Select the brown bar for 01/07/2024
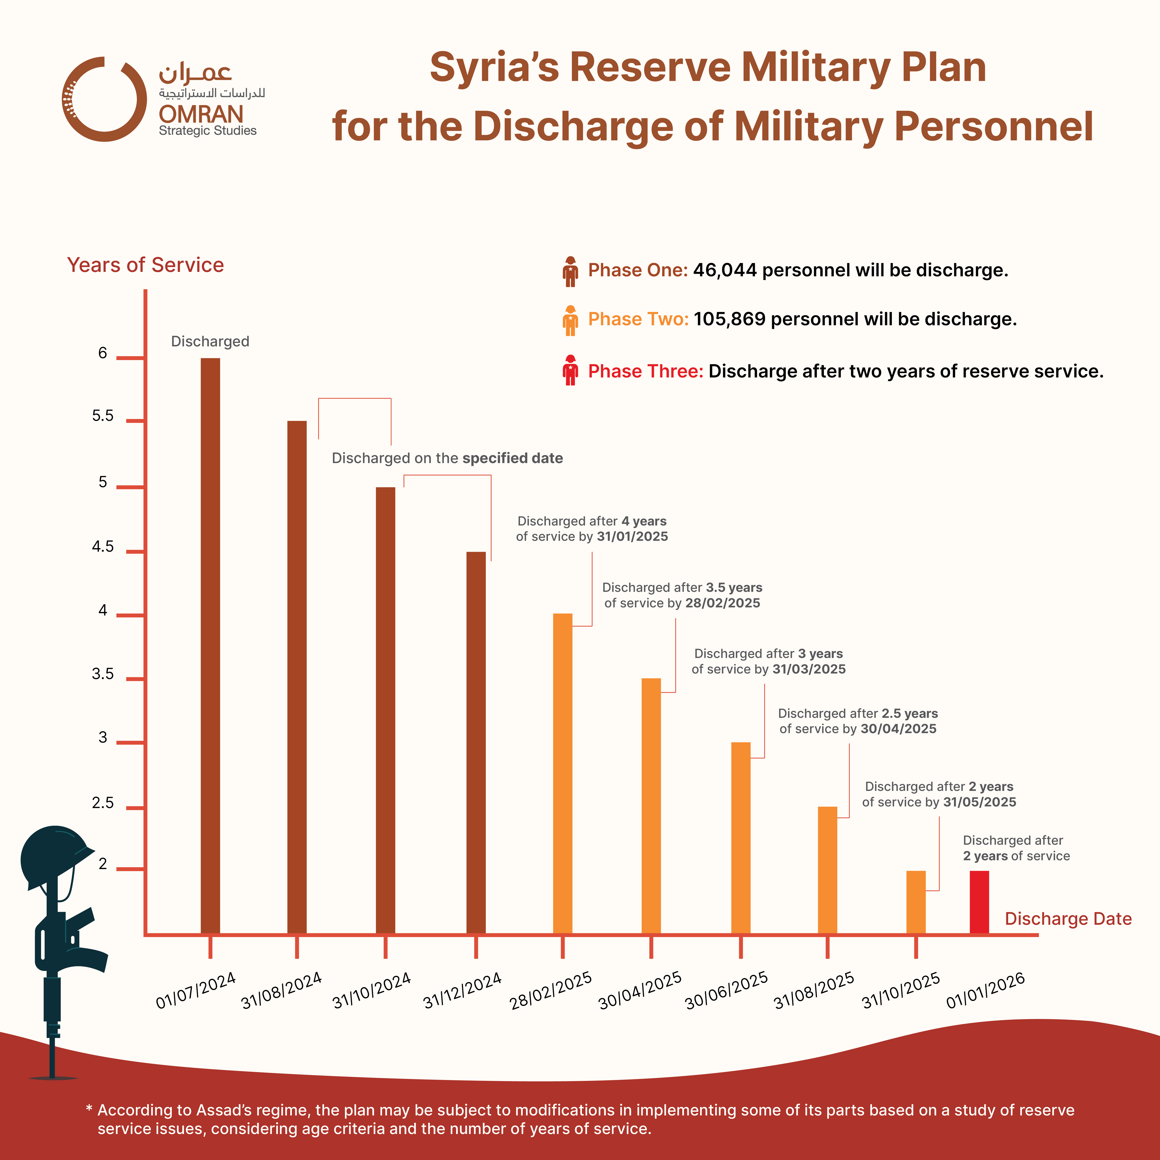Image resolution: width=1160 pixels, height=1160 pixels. (210, 645)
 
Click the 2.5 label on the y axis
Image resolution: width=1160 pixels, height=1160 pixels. (103, 803)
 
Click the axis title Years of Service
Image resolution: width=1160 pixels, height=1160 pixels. (145, 265)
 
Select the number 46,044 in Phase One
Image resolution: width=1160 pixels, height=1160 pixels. (725, 270)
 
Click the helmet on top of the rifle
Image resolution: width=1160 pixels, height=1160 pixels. (54, 856)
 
